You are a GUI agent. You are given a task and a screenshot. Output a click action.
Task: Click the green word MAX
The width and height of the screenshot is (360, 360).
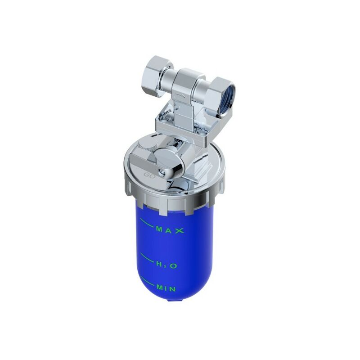(x=170, y=230)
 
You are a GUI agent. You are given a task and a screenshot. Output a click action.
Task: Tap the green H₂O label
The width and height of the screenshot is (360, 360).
(x=167, y=265)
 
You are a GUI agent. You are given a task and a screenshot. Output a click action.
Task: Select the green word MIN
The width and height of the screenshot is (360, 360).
(x=166, y=288)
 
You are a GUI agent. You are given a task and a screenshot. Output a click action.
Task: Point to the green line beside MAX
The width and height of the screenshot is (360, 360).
(x=147, y=222)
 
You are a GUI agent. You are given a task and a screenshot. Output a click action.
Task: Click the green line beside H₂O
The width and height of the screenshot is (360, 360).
(x=147, y=258)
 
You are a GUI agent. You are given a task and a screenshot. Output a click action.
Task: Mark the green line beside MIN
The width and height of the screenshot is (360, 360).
(x=147, y=281)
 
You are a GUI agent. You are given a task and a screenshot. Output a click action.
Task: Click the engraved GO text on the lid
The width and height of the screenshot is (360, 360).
(x=149, y=175)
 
